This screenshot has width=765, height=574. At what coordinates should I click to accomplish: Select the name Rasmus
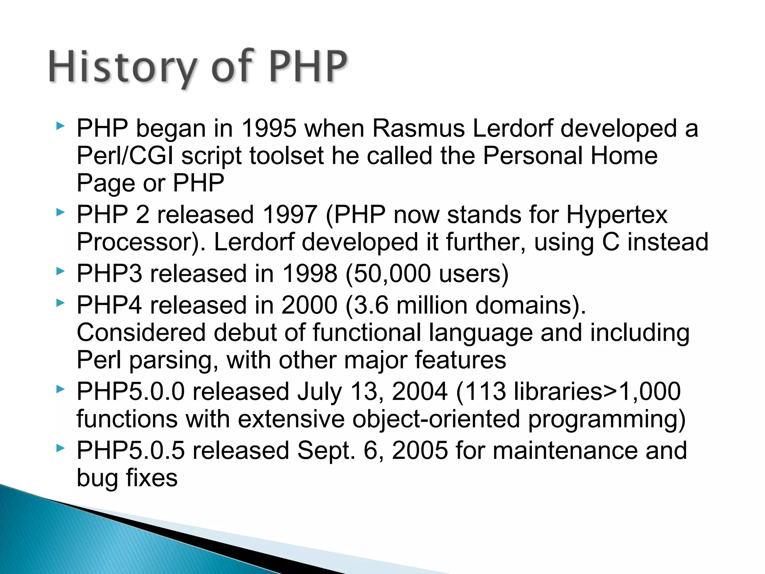pyautogui.click(x=418, y=129)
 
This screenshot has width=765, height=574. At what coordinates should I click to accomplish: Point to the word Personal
pyautogui.click(x=532, y=156)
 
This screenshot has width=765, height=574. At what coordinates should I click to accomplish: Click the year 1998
pyautogui.click(x=310, y=274)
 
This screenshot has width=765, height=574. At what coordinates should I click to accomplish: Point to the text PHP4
pyautogui.click(x=109, y=305)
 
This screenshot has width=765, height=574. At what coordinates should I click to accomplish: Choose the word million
pyautogui.click(x=432, y=305)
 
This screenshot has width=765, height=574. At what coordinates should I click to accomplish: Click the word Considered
pyautogui.click(x=141, y=333)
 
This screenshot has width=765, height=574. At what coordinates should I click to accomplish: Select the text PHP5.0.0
pyautogui.click(x=131, y=392)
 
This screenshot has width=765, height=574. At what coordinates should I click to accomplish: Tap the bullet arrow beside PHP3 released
pyautogui.click(x=60, y=272)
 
